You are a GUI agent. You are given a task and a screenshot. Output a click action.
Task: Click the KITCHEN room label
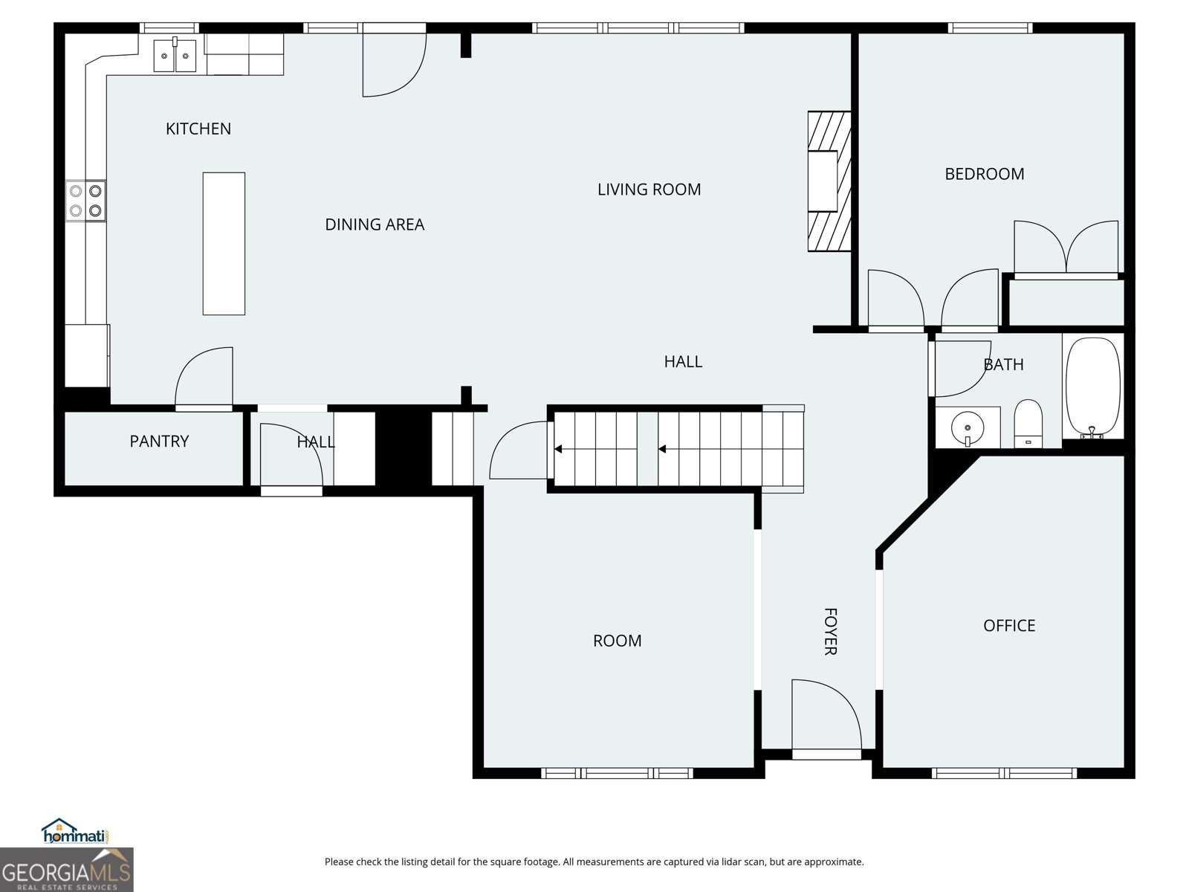click(x=198, y=129)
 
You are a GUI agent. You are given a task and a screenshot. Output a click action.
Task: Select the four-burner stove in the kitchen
click(x=85, y=201)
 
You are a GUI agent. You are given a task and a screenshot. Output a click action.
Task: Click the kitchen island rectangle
click(x=224, y=244)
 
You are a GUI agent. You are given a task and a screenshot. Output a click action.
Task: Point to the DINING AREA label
click(x=375, y=224)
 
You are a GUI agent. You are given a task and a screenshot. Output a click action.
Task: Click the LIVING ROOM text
click(x=649, y=190)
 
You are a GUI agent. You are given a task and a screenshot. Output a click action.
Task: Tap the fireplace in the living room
click(x=829, y=181)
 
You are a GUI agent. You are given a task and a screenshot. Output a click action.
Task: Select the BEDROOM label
click(x=984, y=174)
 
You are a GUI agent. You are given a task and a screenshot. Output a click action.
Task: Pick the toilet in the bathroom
click(x=1028, y=424)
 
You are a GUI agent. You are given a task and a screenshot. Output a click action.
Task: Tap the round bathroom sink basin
click(x=968, y=428)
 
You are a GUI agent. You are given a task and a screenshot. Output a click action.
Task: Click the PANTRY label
click(x=159, y=442)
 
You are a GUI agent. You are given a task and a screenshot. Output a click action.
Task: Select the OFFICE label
click(x=1009, y=626)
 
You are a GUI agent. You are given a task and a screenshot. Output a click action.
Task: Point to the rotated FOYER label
click(x=830, y=631)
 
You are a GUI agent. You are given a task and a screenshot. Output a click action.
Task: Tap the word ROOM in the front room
click(x=617, y=641)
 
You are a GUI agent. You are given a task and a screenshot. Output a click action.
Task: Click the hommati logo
click(x=76, y=831)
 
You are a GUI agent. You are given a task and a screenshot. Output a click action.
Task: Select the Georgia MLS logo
click(x=67, y=869)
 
